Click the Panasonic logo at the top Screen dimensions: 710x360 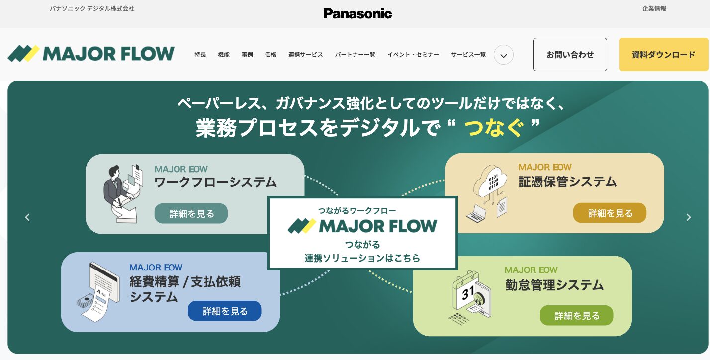click(x=357, y=13)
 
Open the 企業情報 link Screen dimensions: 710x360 click(x=654, y=9)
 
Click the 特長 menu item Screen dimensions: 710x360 click(x=200, y=55)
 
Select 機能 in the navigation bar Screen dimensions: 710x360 click(x=224, y=55)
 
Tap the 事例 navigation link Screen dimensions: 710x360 click(x=247, y=55)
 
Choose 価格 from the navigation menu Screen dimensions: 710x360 click(x=270, y=55)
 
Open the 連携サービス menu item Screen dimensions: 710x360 click(x=306, y=55)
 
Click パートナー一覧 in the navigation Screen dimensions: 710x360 click(x=355, y=55)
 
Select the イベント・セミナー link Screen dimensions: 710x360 click(x=413, y=55)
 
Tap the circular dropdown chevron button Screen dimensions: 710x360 click(x=503, y=55)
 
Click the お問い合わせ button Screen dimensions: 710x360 click(x=570, y=55)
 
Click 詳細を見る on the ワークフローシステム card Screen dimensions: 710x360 click(x=191, y=214)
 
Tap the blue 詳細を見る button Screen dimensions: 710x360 click(x=225, y=311)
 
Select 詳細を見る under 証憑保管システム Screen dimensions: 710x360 click(x=610, y=213)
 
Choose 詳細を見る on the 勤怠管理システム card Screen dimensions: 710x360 click(x=577, y=315)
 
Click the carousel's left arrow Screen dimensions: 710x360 click(x=27, y=217)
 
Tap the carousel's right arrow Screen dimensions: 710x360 click(x=689, y=217)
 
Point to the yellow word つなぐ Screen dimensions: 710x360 click(x=494, y=128)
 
